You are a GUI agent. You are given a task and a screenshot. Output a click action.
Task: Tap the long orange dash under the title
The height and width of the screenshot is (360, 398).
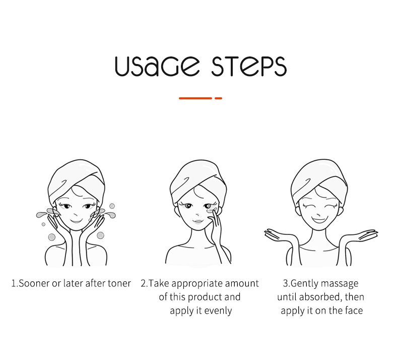[x=195, y=98]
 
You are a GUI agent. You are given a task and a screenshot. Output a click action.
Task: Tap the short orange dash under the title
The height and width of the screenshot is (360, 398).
[x=218, y=98]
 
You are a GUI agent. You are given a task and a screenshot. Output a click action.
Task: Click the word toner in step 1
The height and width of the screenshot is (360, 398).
[x=118, y=283]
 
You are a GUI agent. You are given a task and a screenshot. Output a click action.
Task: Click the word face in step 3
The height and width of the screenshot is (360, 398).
[x=353, y=311]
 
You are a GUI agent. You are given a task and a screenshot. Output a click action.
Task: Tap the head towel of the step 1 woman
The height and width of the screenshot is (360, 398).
[x=76, y=174]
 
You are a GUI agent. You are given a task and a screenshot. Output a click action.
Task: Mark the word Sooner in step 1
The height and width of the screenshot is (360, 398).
[x=32, y=283]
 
